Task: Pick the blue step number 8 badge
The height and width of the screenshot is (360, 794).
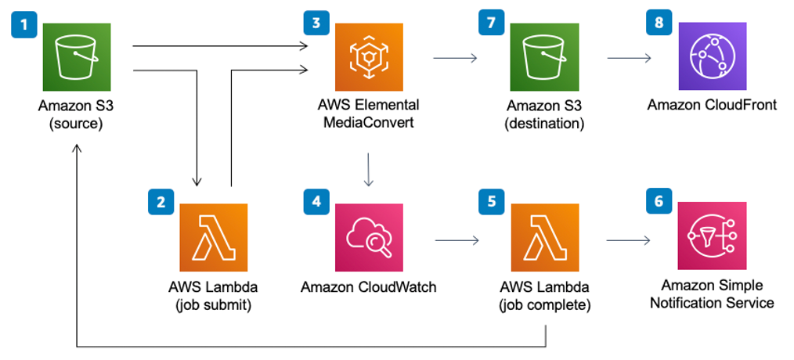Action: point(659,23)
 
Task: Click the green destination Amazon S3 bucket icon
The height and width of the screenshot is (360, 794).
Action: point(545,57)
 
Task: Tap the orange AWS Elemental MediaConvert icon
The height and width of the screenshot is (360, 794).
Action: point(369,57)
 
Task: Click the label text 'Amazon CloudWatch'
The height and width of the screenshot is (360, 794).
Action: point(369,287)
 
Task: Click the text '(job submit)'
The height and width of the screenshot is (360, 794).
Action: point(214,304)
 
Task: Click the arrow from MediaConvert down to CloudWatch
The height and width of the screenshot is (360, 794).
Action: point(369,169)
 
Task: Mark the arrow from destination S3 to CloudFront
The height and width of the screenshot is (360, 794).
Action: point(630,57)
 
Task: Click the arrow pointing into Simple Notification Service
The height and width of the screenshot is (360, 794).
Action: point(630,238)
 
